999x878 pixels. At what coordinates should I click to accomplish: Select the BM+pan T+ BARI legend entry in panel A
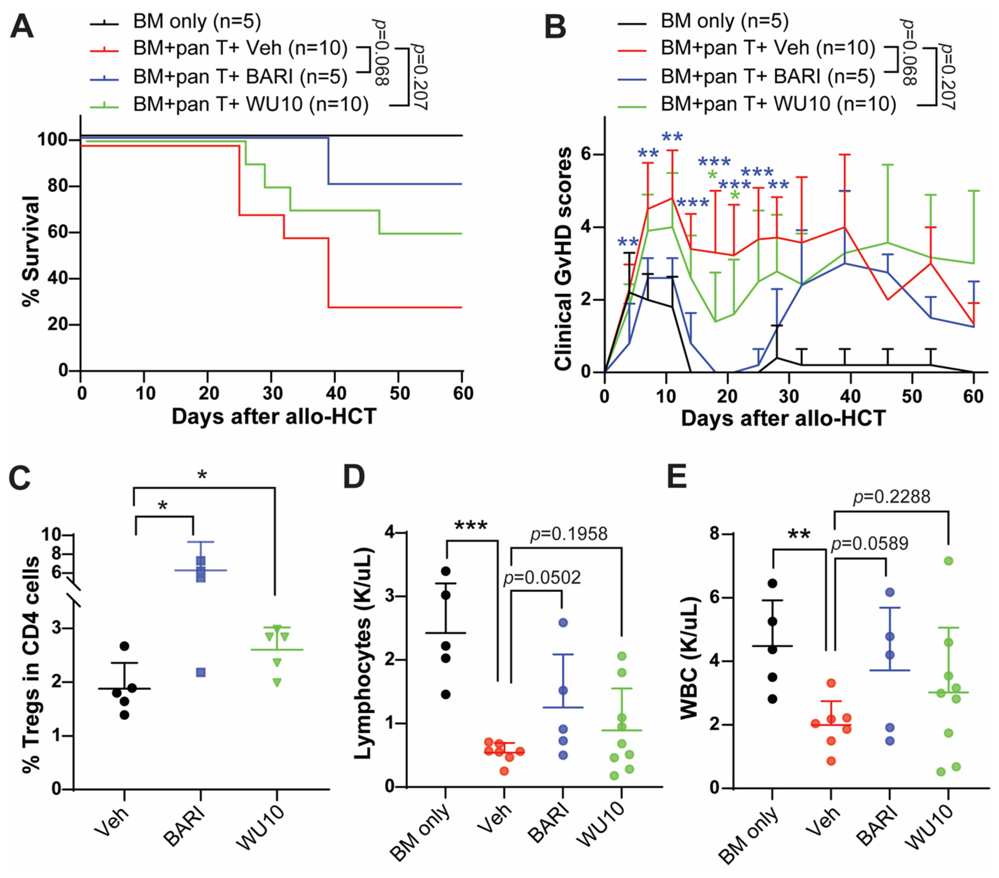point(239,76)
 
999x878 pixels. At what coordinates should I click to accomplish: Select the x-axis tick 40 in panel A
point(336,393)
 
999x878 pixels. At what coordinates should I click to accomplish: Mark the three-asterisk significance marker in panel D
point(471,526)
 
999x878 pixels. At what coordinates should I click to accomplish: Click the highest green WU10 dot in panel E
point(949,561)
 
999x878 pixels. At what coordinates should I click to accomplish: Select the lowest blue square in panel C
point(200,673)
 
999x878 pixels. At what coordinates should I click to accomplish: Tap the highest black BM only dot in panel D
point(445,571)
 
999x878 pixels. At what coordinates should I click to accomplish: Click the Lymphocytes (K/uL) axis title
point(364,654)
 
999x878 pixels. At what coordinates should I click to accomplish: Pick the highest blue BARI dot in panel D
point(563,623)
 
